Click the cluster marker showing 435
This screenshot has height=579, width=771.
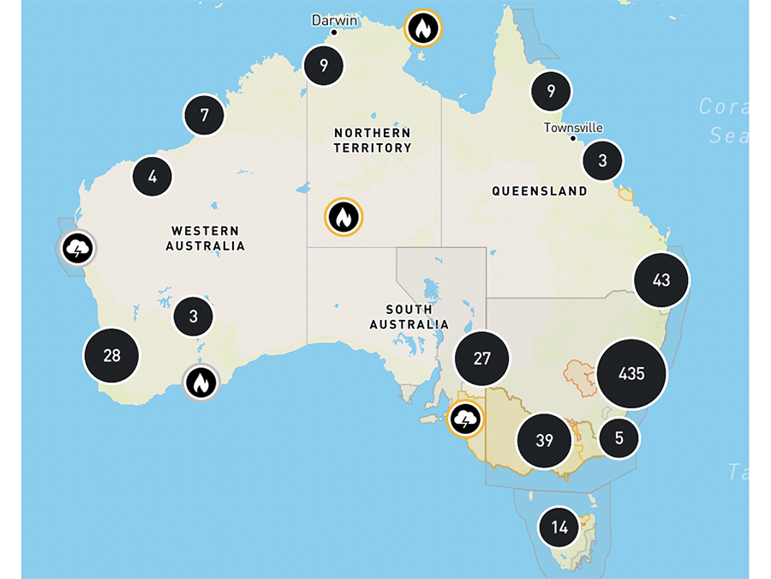tap(632, 374)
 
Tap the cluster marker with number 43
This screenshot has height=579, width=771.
tap(661, 280)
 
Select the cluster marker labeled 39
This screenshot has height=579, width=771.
tap(544, 441)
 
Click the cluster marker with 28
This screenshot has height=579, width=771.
tap(111, 355)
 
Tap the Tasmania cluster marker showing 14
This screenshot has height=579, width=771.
tap(559, 528)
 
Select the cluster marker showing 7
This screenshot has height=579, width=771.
tap(204, 115)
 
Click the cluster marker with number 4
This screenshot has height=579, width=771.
tap(152, 177)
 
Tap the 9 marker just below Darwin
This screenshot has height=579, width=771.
tap(324, 64)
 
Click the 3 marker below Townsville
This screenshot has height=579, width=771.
tap(602, 160)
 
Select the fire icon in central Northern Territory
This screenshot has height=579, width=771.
tap(343, 217)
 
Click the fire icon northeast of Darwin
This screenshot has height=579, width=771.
tap(422, 28)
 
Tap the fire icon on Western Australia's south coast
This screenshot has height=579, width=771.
tap(201, 382)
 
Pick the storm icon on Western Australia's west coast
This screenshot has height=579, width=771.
tap(77, 250)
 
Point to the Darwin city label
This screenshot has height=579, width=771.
tap(334, 20)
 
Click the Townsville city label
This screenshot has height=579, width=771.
tap(573, 128)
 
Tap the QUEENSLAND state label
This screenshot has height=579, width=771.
tap(539, 191)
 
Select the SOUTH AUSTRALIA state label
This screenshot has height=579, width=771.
tap(409, 317)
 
